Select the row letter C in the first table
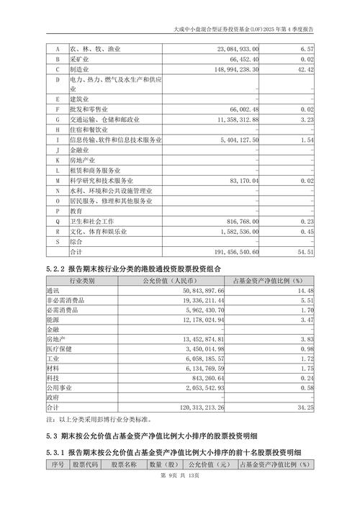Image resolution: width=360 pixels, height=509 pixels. pyautogui.click(x=56, y=69)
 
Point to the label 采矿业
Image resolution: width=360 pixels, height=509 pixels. pyautogui.click(x=80, y=59)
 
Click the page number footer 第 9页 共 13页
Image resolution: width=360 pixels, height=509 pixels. pyautogui.click(x=179, y=496)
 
